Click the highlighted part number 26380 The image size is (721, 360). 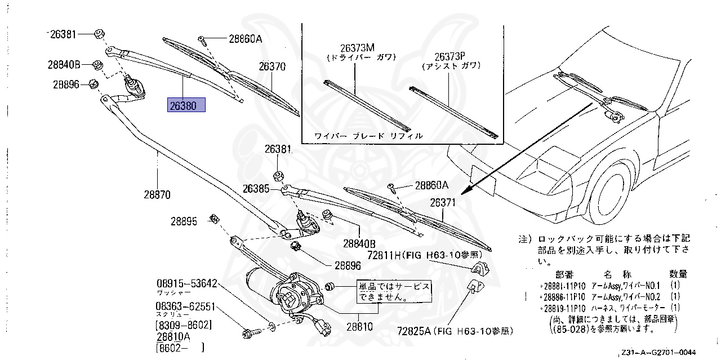click(x=186, y=105)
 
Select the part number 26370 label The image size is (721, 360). click(x=272, y=66)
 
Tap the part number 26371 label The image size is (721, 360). click(x=443, y=202)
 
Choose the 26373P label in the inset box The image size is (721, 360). click(x=449, y=56)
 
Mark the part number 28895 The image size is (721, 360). click(x=184, y=221)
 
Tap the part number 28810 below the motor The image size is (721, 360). click(x=359, y=326)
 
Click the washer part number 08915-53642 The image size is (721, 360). click(x=186, y=283)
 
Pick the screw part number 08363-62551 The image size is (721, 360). click(x=186, y=307)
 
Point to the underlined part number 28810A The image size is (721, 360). click(x=173, y=336)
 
